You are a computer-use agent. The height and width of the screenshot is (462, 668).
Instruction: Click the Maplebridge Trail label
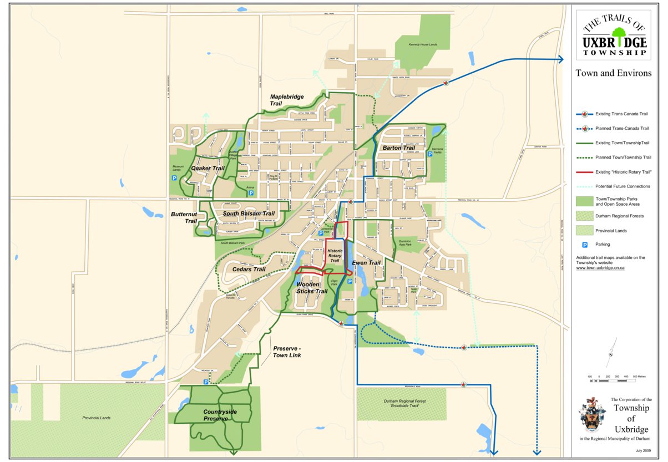[x=286, y=100]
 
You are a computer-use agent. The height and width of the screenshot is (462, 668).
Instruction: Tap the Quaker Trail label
[x=208, y=168]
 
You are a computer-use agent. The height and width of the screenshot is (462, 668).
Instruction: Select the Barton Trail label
[x=398, y=148]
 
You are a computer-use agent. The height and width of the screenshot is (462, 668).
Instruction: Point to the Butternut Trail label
[x=184, y=217]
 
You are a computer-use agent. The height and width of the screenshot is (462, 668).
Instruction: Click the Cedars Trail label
[x=249, y=270]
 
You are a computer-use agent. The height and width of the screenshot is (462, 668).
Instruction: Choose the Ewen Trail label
[x=366, y=263]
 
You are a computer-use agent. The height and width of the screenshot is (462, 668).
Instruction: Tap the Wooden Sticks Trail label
[x=311, y=288]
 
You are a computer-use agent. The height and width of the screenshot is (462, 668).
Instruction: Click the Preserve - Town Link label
[x=287, y=352]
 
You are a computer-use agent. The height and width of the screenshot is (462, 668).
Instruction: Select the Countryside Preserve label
[x=220, y=415]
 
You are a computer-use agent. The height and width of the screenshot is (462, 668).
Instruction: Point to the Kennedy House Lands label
[x=423, y=44]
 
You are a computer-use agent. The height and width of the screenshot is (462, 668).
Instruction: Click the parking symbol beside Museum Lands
[x=174, y=179]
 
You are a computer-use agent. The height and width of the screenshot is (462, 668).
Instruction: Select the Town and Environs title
[x=613, y=73]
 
